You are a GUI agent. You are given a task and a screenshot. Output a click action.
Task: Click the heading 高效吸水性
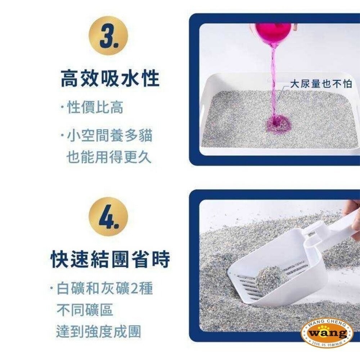coord(110,79)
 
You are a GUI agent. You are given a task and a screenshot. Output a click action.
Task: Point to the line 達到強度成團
coord(98,332)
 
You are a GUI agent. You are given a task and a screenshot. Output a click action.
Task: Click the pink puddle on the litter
coord(278,124)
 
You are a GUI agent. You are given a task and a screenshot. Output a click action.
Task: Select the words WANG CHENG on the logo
coord(327,323)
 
